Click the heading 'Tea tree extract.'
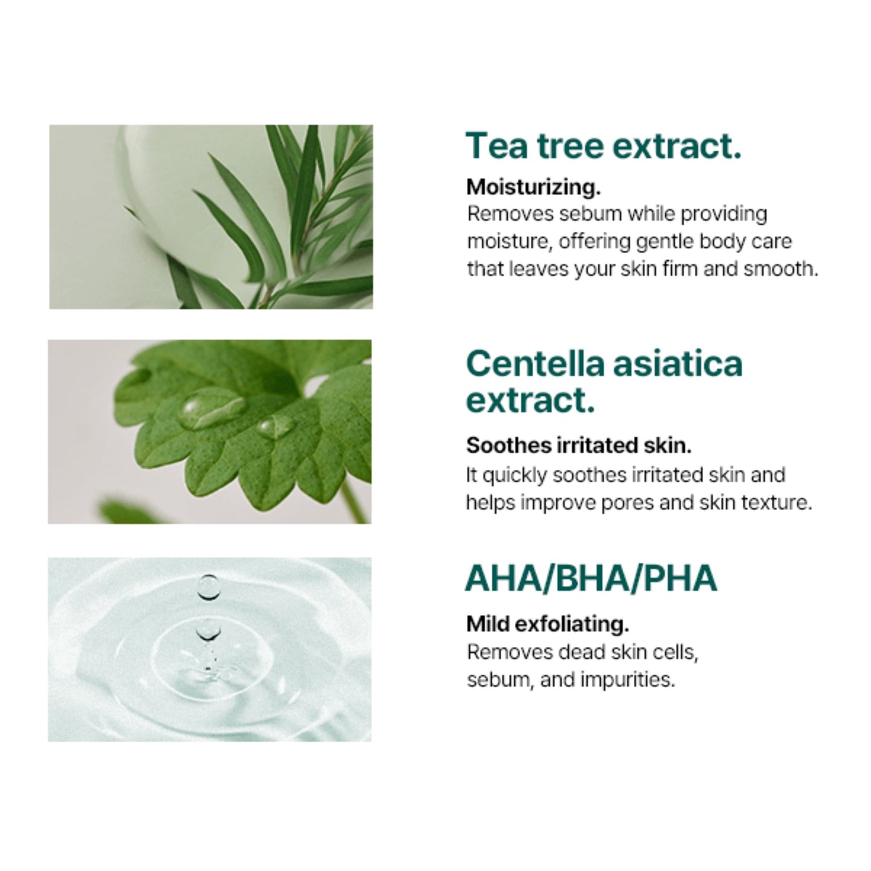tap(603, 146)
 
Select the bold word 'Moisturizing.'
tap(533, 187)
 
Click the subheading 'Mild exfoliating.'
tap(547, 624)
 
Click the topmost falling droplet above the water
tap(209, 586)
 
